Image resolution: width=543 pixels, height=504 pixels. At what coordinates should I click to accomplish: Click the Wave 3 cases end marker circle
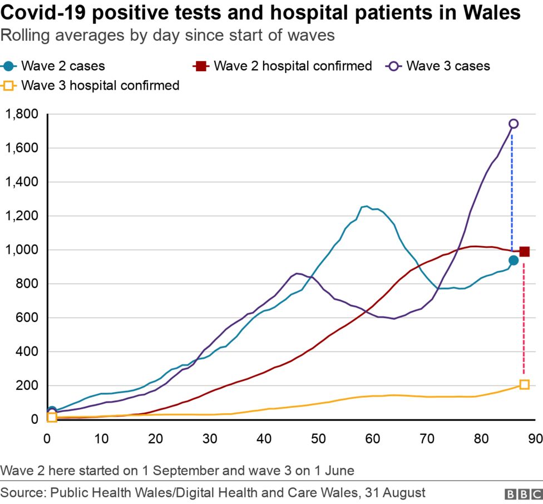[x=514, y=124]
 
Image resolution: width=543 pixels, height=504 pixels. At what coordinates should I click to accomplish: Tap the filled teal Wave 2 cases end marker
[x=514, y=260]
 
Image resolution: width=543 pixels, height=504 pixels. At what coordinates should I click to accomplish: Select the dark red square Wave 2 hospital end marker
[x=524, y=252]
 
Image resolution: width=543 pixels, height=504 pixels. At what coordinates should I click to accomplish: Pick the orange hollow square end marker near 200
[x=524, y=384]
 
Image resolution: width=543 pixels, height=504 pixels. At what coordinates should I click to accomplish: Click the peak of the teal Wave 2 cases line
[x=366, y=206]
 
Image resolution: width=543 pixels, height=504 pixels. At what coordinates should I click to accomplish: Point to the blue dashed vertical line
[x=512, y=189]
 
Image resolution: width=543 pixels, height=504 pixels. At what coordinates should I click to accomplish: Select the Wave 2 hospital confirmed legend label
[x=293, y=66]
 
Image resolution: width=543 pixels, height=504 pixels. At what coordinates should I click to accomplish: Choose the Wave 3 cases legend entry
[x=448, y=66]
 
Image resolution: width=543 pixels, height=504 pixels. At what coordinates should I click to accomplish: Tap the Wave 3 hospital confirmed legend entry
[x=100, y=85]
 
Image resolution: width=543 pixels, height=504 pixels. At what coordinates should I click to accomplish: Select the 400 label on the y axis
[x=27, y=352]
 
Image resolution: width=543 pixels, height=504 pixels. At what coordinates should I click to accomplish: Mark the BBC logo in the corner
[x=523, y=493]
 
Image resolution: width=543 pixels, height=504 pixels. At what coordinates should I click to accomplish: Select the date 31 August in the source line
[x=396, y=493]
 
